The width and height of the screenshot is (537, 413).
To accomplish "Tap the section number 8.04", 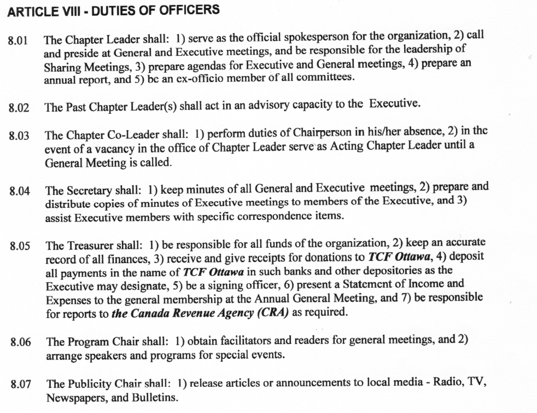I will pyautogui.click(x=20, y=192).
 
